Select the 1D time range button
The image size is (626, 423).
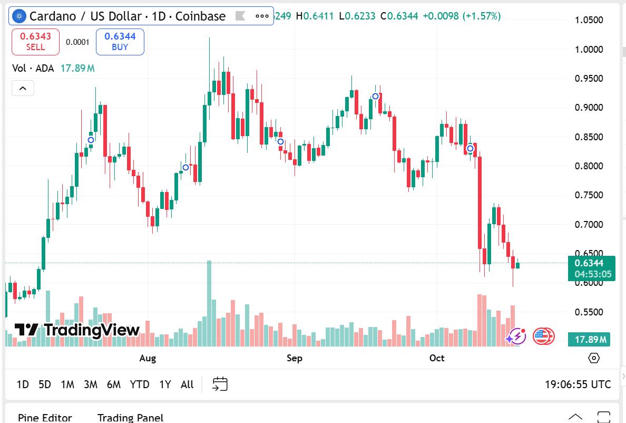[23, 384]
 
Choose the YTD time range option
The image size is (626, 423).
[140, 384]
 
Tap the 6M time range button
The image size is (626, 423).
[114, 384]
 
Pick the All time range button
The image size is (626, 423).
[187, 384]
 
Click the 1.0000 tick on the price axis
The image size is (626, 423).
[589, 50]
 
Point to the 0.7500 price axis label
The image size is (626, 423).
[589, 195]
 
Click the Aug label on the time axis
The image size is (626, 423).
[148, 358]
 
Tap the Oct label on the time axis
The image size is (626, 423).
[437, 358]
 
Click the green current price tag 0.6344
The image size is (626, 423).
[591, 268]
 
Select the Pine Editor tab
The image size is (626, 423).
[45, 418]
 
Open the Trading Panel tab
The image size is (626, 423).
[130, 418]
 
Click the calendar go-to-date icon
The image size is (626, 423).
[220, 384]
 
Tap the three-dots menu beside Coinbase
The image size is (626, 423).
[262, 16]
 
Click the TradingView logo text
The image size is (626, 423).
[78, 331]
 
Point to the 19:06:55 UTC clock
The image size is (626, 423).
[578, 384]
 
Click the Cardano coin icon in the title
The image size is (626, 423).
[19, 16]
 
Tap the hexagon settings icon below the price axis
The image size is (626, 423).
[594, 358]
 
